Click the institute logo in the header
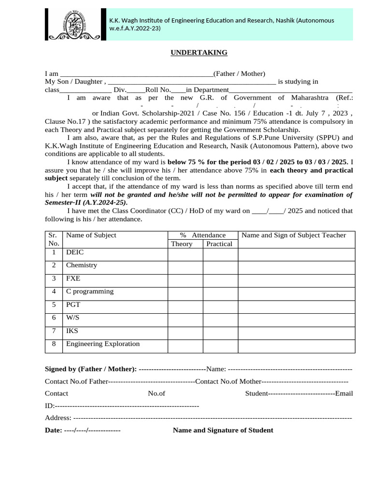73,24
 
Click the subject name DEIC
75,252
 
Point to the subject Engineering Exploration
103,344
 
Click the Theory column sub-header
182,244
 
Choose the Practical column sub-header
219,244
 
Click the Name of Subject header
91,235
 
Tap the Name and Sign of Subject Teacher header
294,235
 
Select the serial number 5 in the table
54,305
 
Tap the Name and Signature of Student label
223,430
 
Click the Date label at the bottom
53,430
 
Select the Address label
58,418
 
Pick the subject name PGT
73,305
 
